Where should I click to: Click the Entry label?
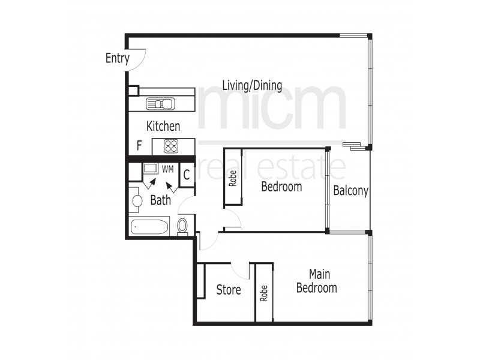click(x=118, y=58)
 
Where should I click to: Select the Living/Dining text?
click(x=252, y=85)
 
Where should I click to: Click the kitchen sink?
click(x=160, y=104)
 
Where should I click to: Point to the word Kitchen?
click(x=163, y=126)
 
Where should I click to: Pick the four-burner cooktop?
click(x=171, y=145)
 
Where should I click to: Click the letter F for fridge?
click(x=139, y=145)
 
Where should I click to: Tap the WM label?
click(x=167, y=170)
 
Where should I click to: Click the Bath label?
click(x=160, y=200)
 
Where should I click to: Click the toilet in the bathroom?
click(x=183, y=226)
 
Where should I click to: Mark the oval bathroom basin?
click(x=137, y=200)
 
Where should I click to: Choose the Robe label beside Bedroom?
click(x=232, y=178)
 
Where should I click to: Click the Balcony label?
click(x=350, y=191)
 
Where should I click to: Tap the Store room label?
click(x=229, y=290)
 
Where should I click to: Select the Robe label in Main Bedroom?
click(x=263, y=292)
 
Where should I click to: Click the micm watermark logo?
click(x=273, y=108)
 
